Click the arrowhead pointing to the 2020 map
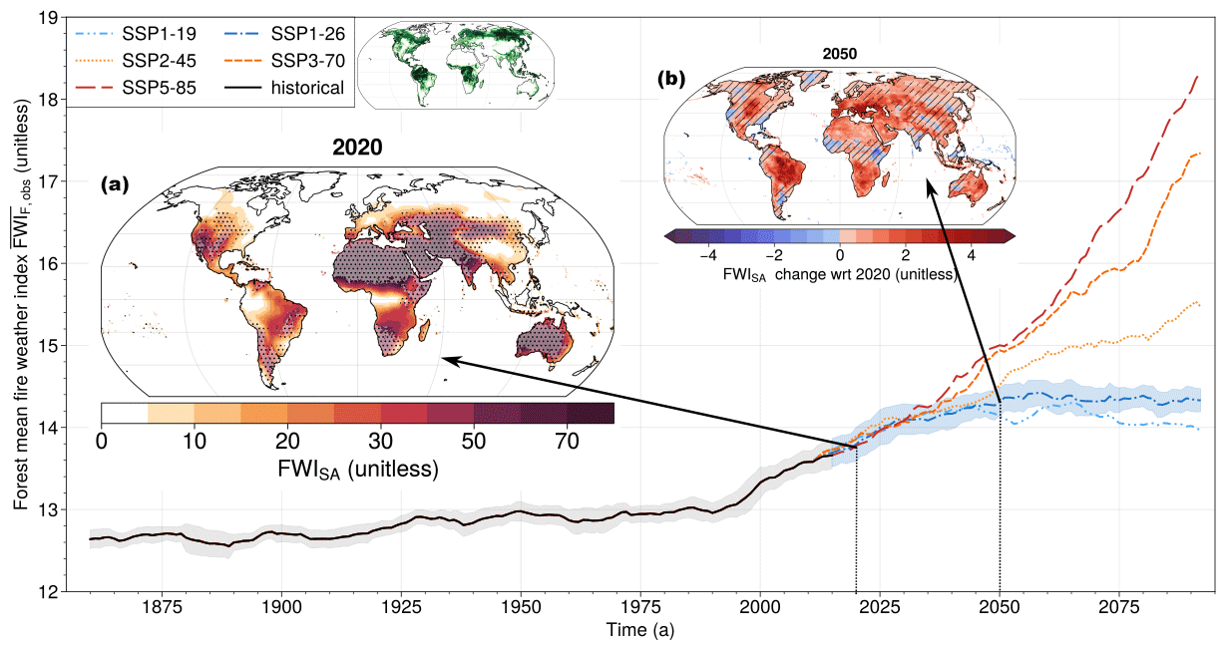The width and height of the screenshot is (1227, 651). (x=447, y=359)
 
